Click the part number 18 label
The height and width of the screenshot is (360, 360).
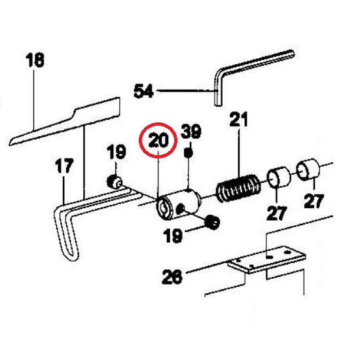(x=35, y=60)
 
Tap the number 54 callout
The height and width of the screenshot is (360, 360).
(x=144, y=91)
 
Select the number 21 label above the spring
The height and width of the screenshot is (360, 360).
(x=239, y=119)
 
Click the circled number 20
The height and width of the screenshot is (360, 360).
(x=158, y=140)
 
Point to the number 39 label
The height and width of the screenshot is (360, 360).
(x=191, y=132)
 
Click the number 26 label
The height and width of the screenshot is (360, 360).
(x=172, y=277)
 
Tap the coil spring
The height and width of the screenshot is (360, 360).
(x=239, y=188)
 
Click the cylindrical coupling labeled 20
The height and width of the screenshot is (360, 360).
(x=178, y=204)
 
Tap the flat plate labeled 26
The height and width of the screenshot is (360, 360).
(x=266, y=259)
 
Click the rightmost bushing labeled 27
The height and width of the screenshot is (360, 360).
(x=308, y=170)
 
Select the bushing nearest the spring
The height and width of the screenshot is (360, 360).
(x=279, y=177)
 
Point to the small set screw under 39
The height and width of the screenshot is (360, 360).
(x=189, y=153)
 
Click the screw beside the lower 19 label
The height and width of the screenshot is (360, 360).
(x=212, y=222)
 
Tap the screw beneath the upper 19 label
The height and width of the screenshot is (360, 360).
(x=114, y=181)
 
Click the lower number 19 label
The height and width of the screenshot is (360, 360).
(x=173, y=236)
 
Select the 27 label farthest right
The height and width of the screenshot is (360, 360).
(x=314, y=201)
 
